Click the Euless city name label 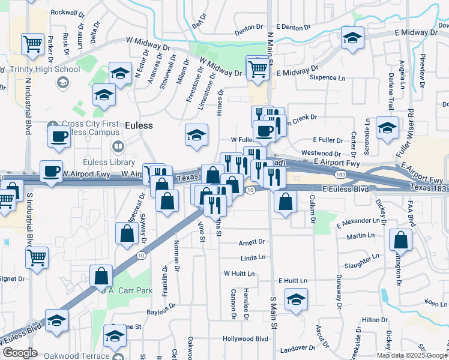(x=139, y=125)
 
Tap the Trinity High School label (x=45, y=69)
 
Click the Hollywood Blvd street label (x=245, y=338)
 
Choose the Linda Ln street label (x=253, y=257)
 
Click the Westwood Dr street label (x=321, y=154)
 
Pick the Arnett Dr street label (x=252, y=242)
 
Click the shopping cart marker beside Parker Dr (x=32, y=43)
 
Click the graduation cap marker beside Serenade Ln (x=387, y=127)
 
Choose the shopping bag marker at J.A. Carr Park (x=101, y=277)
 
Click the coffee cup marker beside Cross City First (x=59, y=136)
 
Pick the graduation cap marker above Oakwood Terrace (x=114, y=336)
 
